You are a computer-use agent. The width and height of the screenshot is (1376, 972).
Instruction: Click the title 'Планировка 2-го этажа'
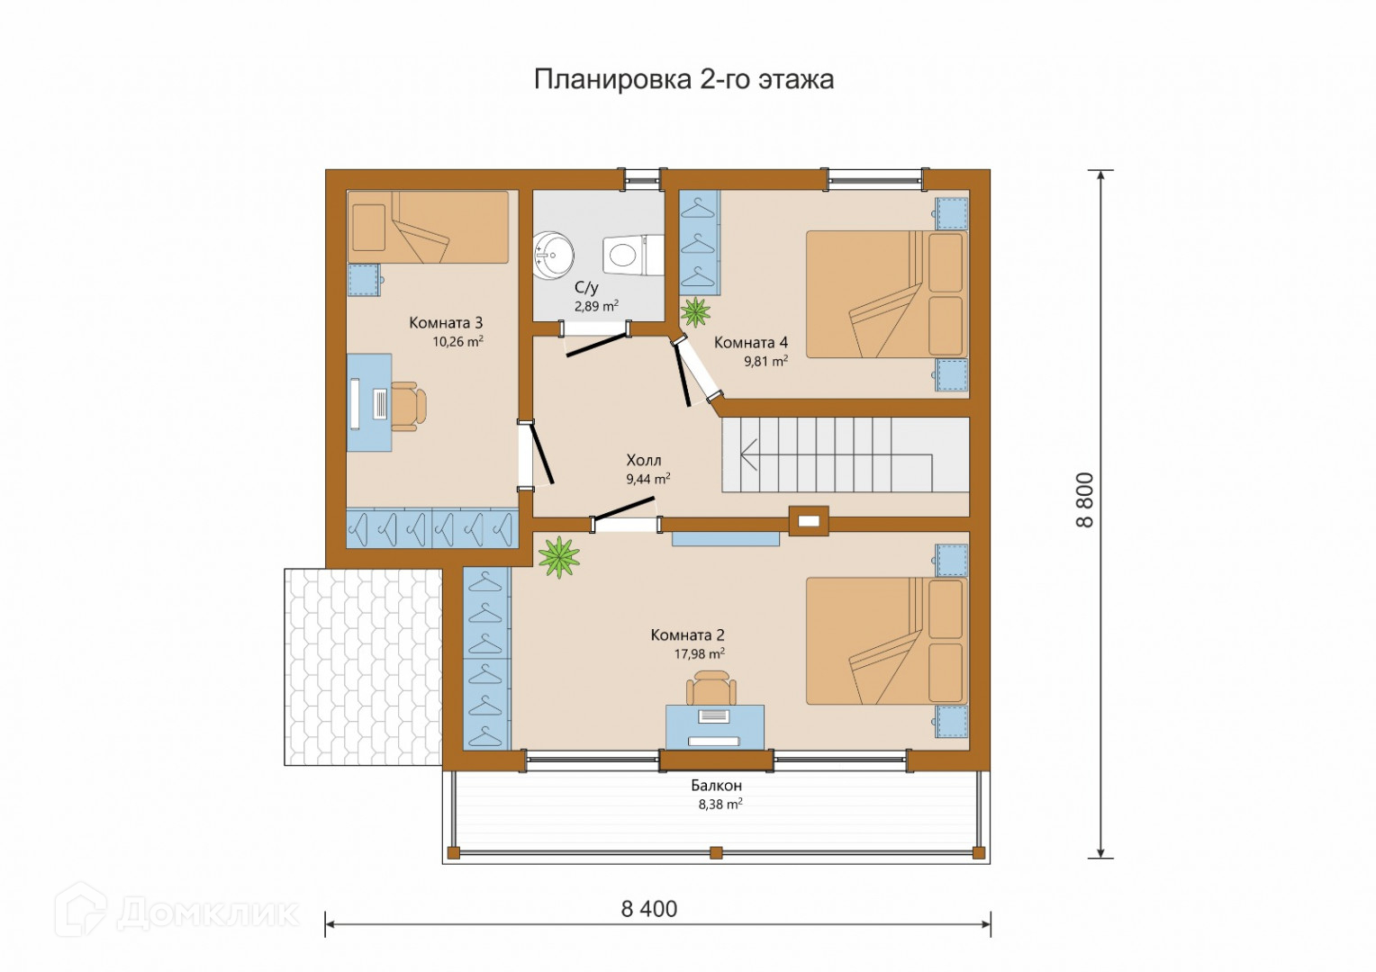click(683, 80)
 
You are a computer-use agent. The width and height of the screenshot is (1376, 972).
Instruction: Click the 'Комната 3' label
click(446, 322)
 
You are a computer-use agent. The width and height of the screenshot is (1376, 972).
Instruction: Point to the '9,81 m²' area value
click(766, 361)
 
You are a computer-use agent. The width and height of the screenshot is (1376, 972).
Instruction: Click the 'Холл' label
click(644, 460)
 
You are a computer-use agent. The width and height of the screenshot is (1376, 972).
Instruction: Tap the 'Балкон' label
click(716, 786)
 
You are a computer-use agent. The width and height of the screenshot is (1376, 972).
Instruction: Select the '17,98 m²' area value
click(699, 654)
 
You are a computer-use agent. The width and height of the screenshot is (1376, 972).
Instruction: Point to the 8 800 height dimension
click(1085, 500)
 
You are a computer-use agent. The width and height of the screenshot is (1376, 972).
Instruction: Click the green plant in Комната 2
click(559, 557)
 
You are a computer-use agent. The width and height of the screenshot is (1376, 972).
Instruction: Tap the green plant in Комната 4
click(695, 312)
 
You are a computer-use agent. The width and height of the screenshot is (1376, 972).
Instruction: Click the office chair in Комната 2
click(711, 688)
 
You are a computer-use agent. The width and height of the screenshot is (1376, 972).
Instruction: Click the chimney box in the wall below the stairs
click(809, 521)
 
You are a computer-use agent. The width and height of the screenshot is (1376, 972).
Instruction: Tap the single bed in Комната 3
click(428, 227)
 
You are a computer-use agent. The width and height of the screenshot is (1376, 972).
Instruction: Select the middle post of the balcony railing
click(715, 853)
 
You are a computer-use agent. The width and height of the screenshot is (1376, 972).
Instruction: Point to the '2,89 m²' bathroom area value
click(596, 306)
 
